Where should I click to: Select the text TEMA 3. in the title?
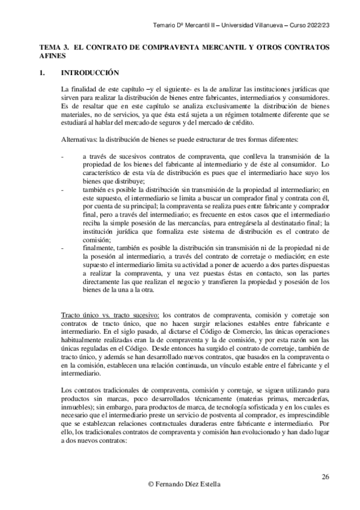[x=53, y=46]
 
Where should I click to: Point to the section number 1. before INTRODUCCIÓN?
[x=42, y=73]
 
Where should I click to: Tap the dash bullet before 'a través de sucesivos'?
[x=64, y=156]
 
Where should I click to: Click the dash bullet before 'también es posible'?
[x=64, y=189]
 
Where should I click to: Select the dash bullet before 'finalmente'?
[x=64, y=247]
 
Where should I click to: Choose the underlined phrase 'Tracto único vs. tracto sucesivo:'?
[x=111, y=315]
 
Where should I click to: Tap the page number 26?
[x=325, y=477]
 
